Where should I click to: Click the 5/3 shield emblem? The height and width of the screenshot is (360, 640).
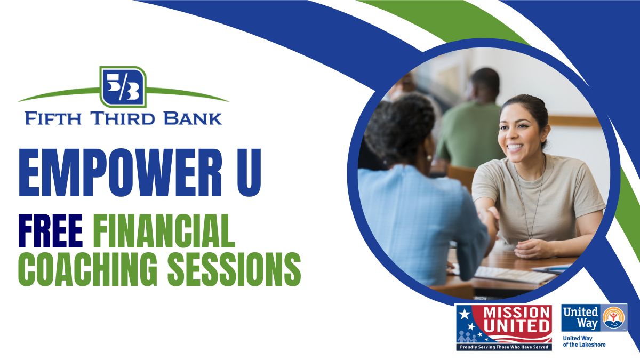[123, 87]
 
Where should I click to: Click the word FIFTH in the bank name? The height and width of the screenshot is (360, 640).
[53, 118]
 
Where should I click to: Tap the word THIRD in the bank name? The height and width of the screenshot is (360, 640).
[123, 118]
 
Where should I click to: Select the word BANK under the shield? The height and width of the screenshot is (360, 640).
[193, 118]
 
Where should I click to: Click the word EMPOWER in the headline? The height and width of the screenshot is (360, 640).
[121, 173]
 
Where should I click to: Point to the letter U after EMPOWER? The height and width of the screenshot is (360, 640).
[249, 173]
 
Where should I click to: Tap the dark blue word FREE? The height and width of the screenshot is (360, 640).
[51, 231]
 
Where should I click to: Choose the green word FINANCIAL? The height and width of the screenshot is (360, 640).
[164, 231]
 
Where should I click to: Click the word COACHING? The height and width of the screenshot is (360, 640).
[88, 269]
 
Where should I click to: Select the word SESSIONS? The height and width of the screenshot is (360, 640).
[234, 269]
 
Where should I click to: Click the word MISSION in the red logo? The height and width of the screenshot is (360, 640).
[517, 313]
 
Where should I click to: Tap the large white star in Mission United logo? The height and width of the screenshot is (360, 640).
[465, 314]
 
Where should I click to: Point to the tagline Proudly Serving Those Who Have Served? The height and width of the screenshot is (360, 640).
[504, 347]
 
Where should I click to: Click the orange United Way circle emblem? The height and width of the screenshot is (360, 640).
[613, 317]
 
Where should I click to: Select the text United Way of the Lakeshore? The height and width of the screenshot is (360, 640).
[584, 341]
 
